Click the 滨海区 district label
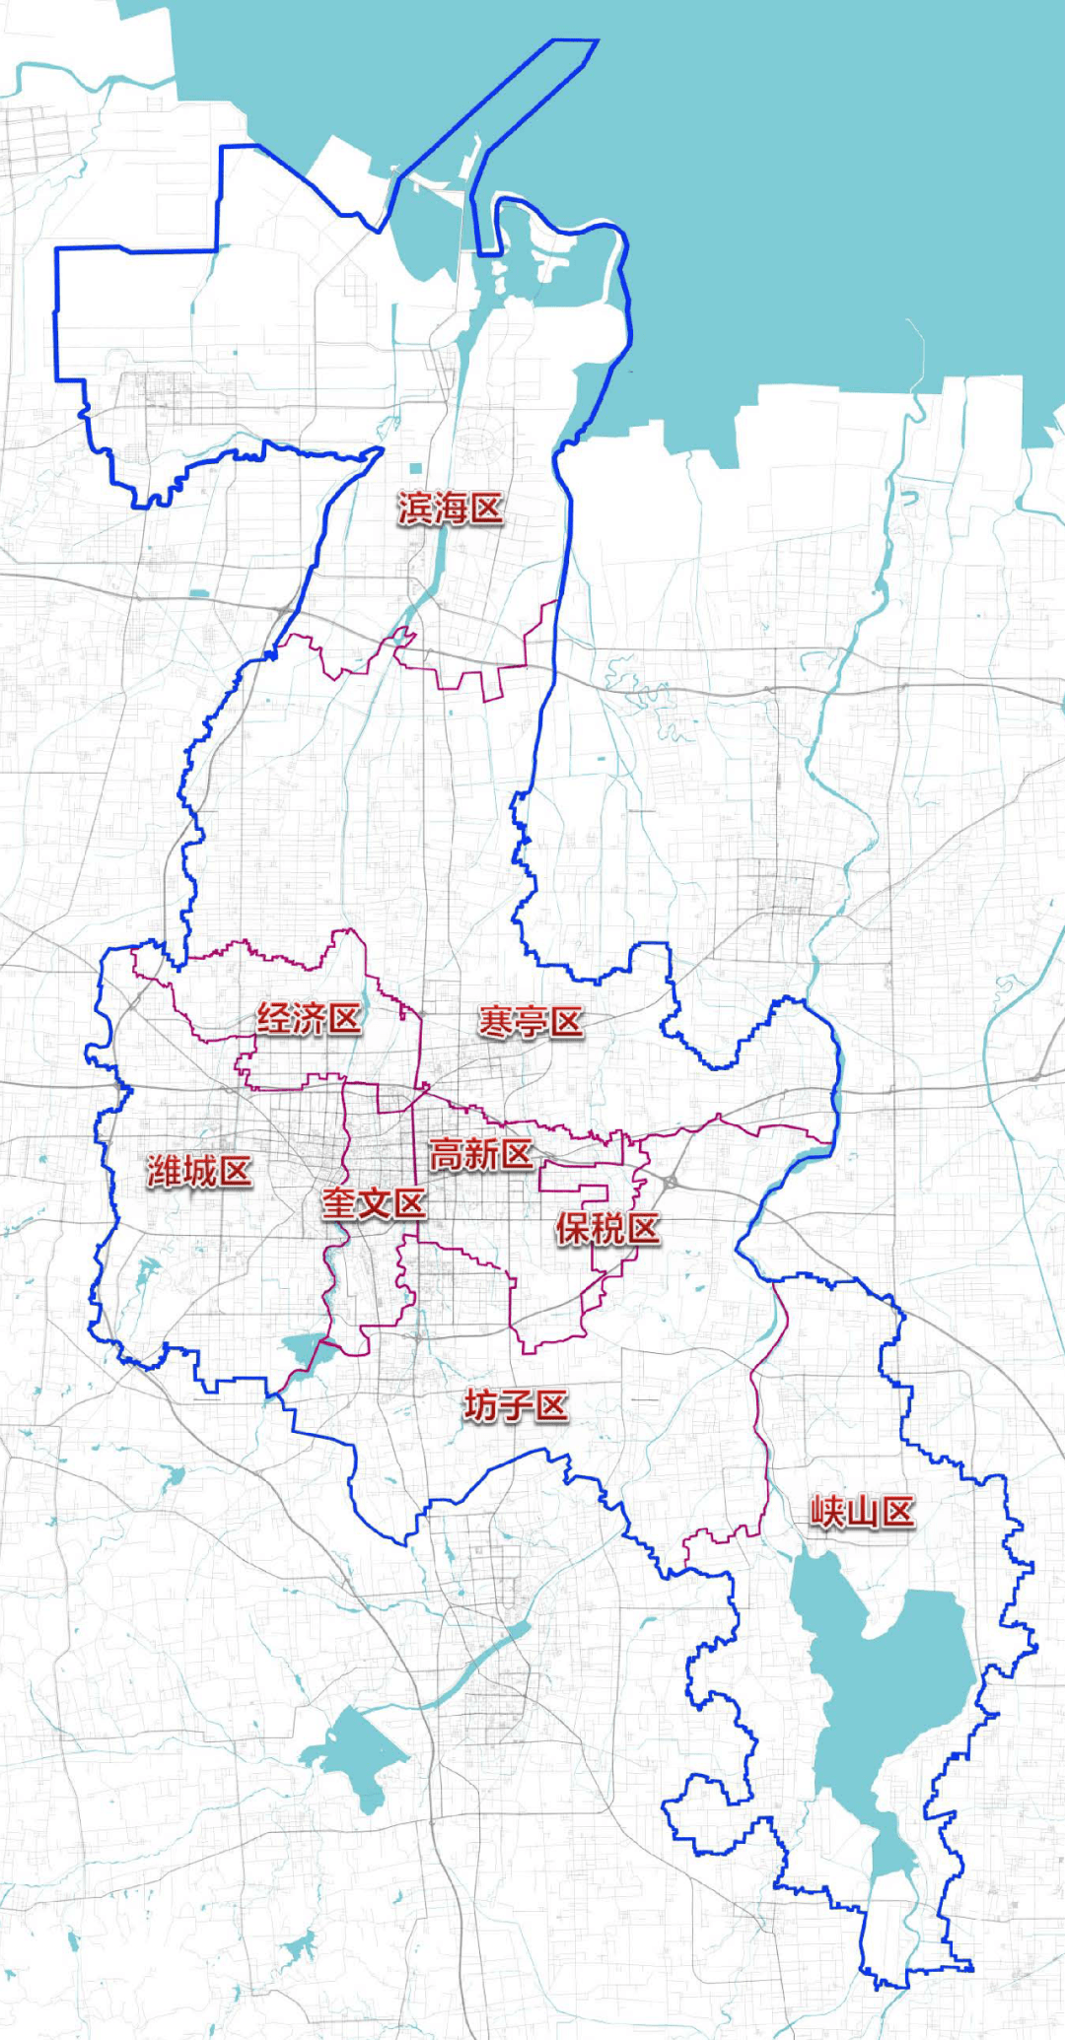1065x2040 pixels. click(x=450, y=509)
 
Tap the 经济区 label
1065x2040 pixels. click(x=309, y=1019)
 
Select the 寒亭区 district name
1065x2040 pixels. click(x=531, y=1022)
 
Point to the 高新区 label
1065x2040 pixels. click(x=481, y=1154)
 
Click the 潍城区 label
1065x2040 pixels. click(x=199, y=1172)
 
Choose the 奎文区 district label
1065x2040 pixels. click(x=374, y=1203)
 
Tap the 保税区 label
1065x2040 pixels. click(x=607, y=1229)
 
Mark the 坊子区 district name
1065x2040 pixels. click(x=516, y=1405)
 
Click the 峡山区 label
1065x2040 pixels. click(x=862, y=1512)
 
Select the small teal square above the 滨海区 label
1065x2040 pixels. click(x=416, y=468)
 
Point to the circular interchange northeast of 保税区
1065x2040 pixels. click(x=671, y=1181)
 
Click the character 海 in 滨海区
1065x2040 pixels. click(x=450, y=509)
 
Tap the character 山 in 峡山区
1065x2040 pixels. click(x=862, y=1512)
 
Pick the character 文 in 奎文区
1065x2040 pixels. click(x=374, y=1203)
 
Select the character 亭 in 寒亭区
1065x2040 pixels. click(x=531, y=1022)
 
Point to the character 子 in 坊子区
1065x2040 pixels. click(x=516, y=1405)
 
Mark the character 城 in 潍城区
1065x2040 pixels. click(x=199, y=1172)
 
